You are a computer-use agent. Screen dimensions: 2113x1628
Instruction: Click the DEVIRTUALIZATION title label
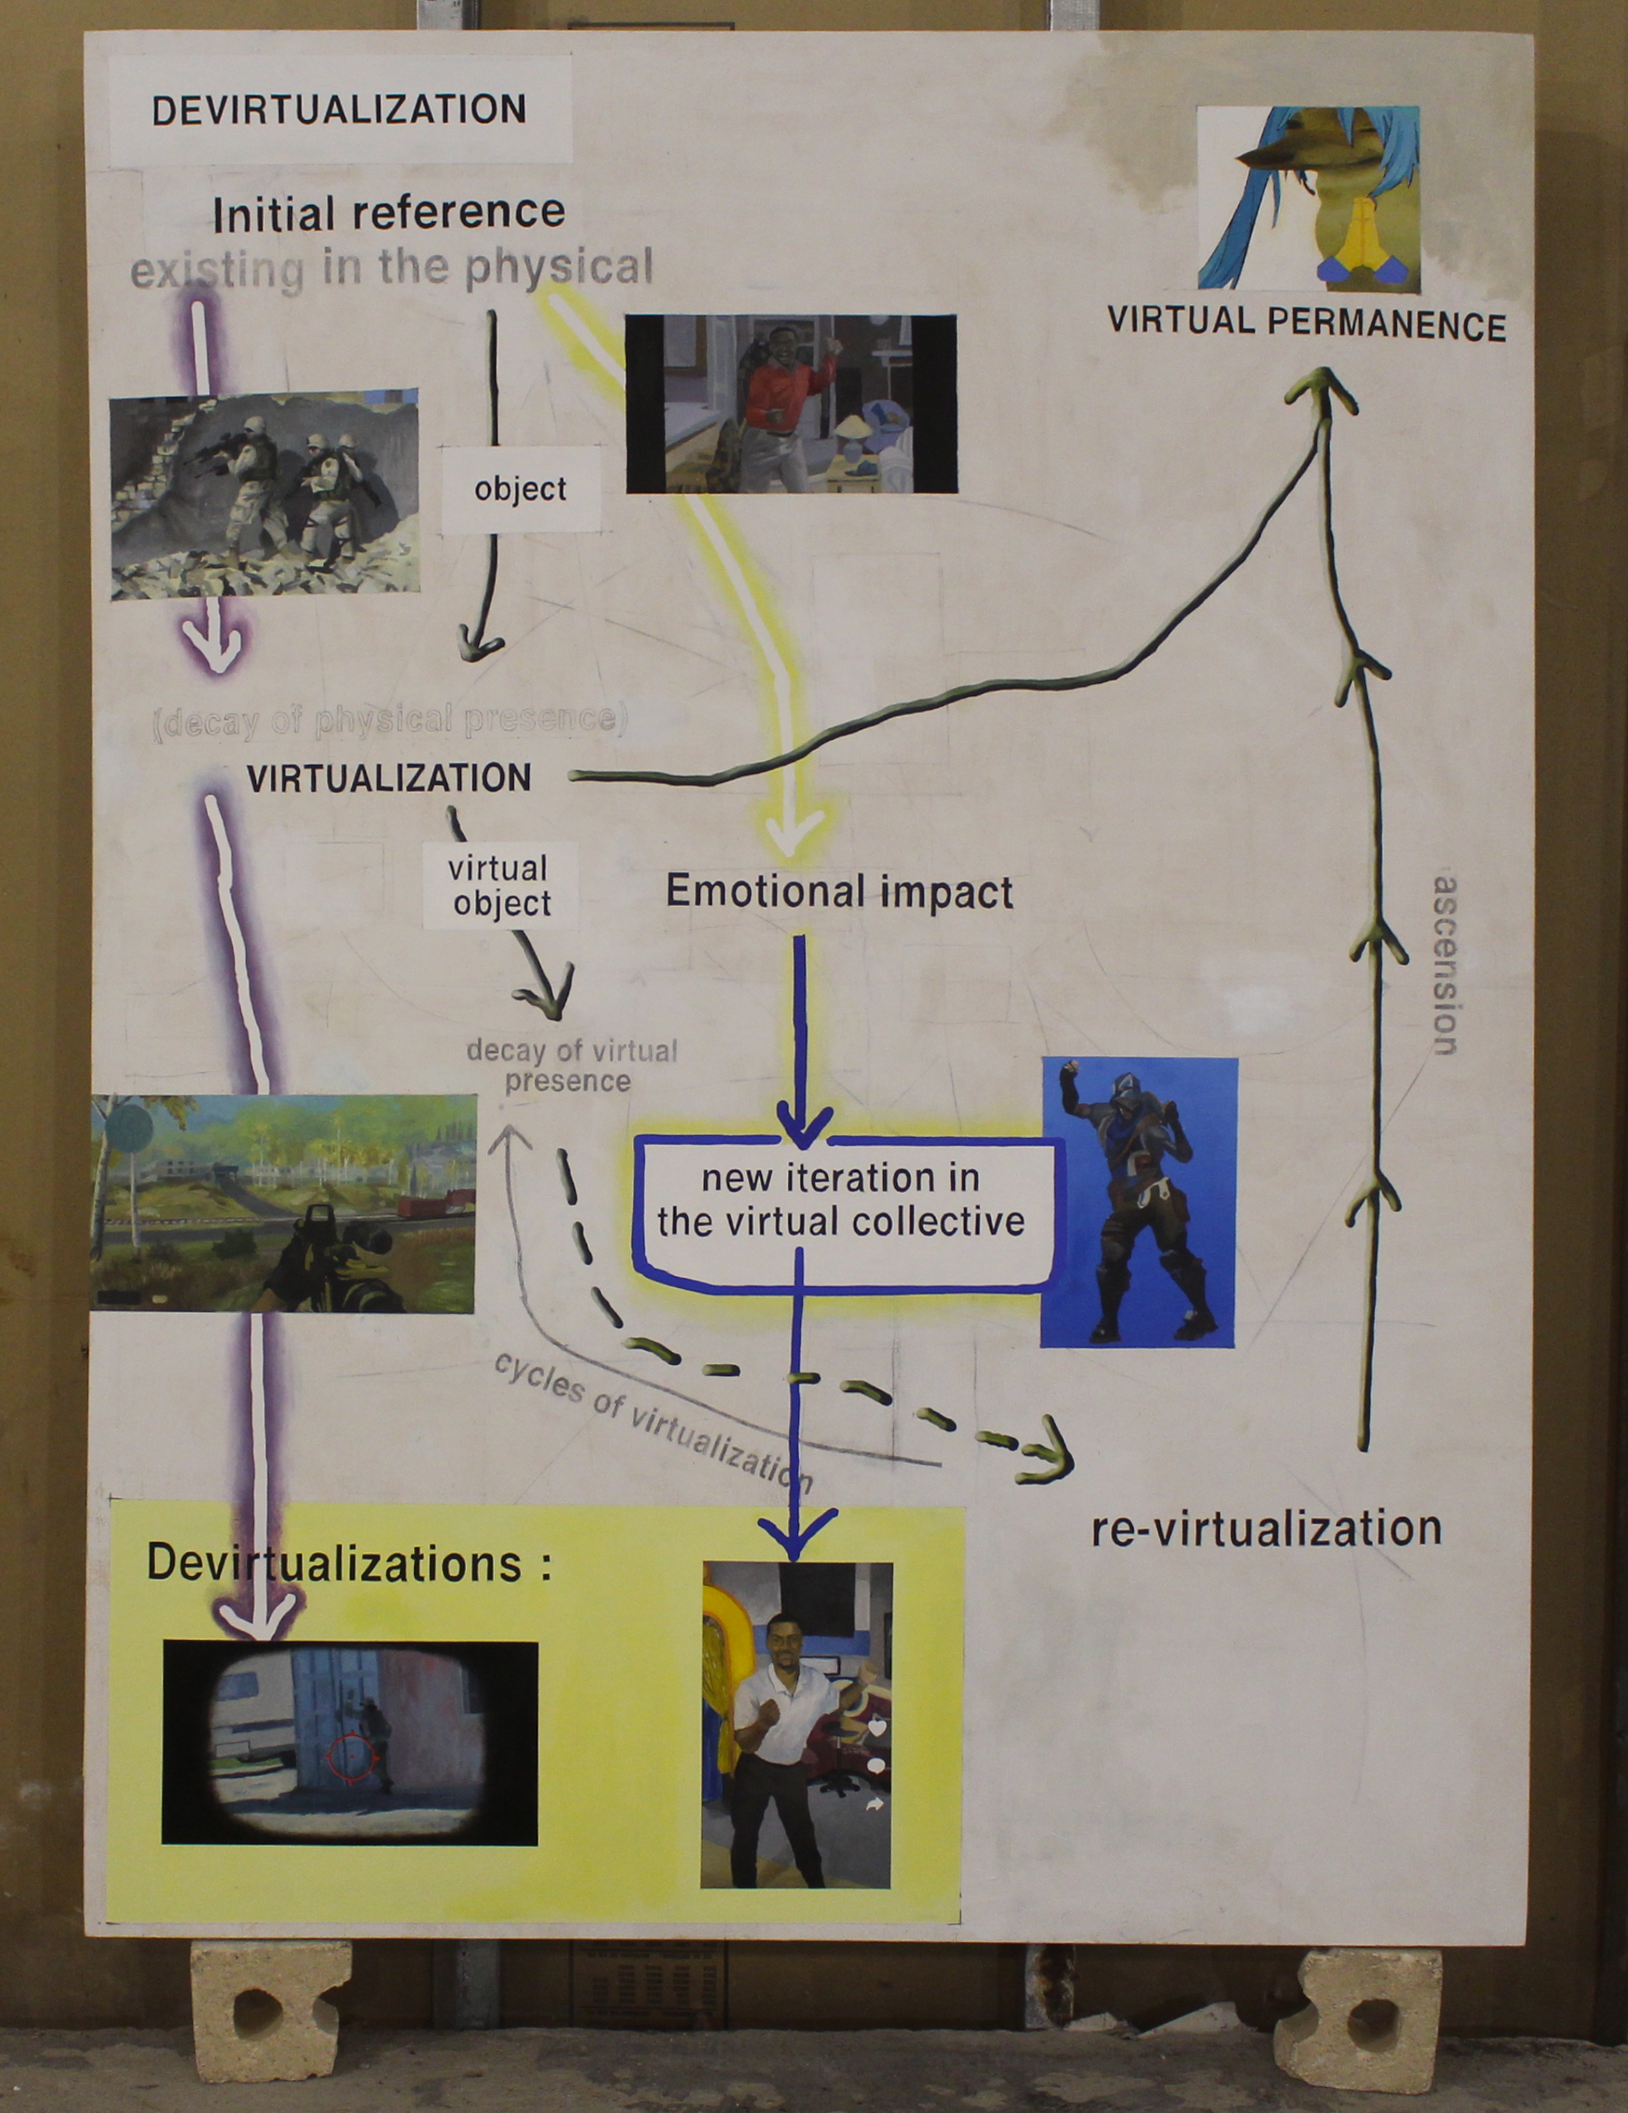pos(339,110)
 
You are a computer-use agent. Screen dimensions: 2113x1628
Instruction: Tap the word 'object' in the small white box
pos(521,490)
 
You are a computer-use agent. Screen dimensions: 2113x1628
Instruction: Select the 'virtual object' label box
pos(500,886)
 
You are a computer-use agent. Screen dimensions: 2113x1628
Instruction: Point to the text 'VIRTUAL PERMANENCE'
pos(1306,323)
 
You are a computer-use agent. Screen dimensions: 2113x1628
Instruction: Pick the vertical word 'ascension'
pos(1445,964)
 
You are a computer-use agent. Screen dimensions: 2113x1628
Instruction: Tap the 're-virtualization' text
pos(1266,1528)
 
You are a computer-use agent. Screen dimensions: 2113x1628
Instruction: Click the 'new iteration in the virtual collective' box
pos(840,1201)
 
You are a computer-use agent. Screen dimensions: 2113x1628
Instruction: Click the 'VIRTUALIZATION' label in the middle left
pos(389,779)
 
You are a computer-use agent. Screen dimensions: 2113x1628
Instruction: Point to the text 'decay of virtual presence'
pos(571,1065)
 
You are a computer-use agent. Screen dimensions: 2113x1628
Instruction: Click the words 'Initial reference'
pos(388,213)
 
